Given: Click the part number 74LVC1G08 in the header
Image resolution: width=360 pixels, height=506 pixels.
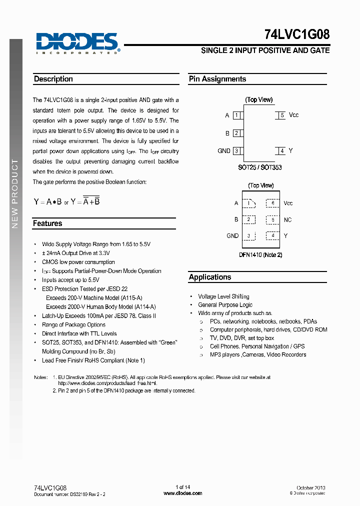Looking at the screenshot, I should click(x=296, y=34).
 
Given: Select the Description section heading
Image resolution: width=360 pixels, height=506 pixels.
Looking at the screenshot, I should click(x=53, y=79).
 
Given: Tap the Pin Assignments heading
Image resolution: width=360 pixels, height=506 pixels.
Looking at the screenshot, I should click(x=217, y=79).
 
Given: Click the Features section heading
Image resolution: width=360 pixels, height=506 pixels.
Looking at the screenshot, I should click(x=47, y=223).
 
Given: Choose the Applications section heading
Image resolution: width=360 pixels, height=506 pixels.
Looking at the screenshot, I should click(x=210, y=277).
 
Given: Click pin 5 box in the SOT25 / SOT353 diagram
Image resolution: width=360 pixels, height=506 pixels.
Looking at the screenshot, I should click(x=282, y=115).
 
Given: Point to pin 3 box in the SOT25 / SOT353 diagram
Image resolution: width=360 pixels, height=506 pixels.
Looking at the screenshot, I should click(x=236, y=150).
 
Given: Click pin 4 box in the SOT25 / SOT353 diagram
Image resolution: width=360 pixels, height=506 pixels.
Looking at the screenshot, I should click(x=282, y=150).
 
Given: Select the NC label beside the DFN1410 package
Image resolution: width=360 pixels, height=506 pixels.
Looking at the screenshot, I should click(x=287, y=219).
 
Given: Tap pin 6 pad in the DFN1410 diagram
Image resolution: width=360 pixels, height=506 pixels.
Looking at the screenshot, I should click(x=272, y=203).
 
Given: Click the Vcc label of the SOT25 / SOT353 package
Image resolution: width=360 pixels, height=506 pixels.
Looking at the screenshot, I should click(x=294, y=115).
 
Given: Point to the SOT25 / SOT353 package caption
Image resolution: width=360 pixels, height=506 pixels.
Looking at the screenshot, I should click(x=259, y=167).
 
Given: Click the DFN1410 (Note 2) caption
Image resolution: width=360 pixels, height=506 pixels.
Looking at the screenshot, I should click(x=261, y=255).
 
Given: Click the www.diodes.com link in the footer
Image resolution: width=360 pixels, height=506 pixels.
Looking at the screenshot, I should click(x=183, y=493).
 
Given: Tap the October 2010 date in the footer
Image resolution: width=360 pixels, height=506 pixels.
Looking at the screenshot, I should click(x=311, y=487).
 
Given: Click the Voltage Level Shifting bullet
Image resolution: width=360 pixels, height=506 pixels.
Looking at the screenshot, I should click(x=223, y=296).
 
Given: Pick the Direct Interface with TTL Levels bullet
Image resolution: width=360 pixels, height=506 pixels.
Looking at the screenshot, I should click(x=79, y=333).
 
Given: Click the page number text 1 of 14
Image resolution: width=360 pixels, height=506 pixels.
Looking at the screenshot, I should click(x=183, y=487).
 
